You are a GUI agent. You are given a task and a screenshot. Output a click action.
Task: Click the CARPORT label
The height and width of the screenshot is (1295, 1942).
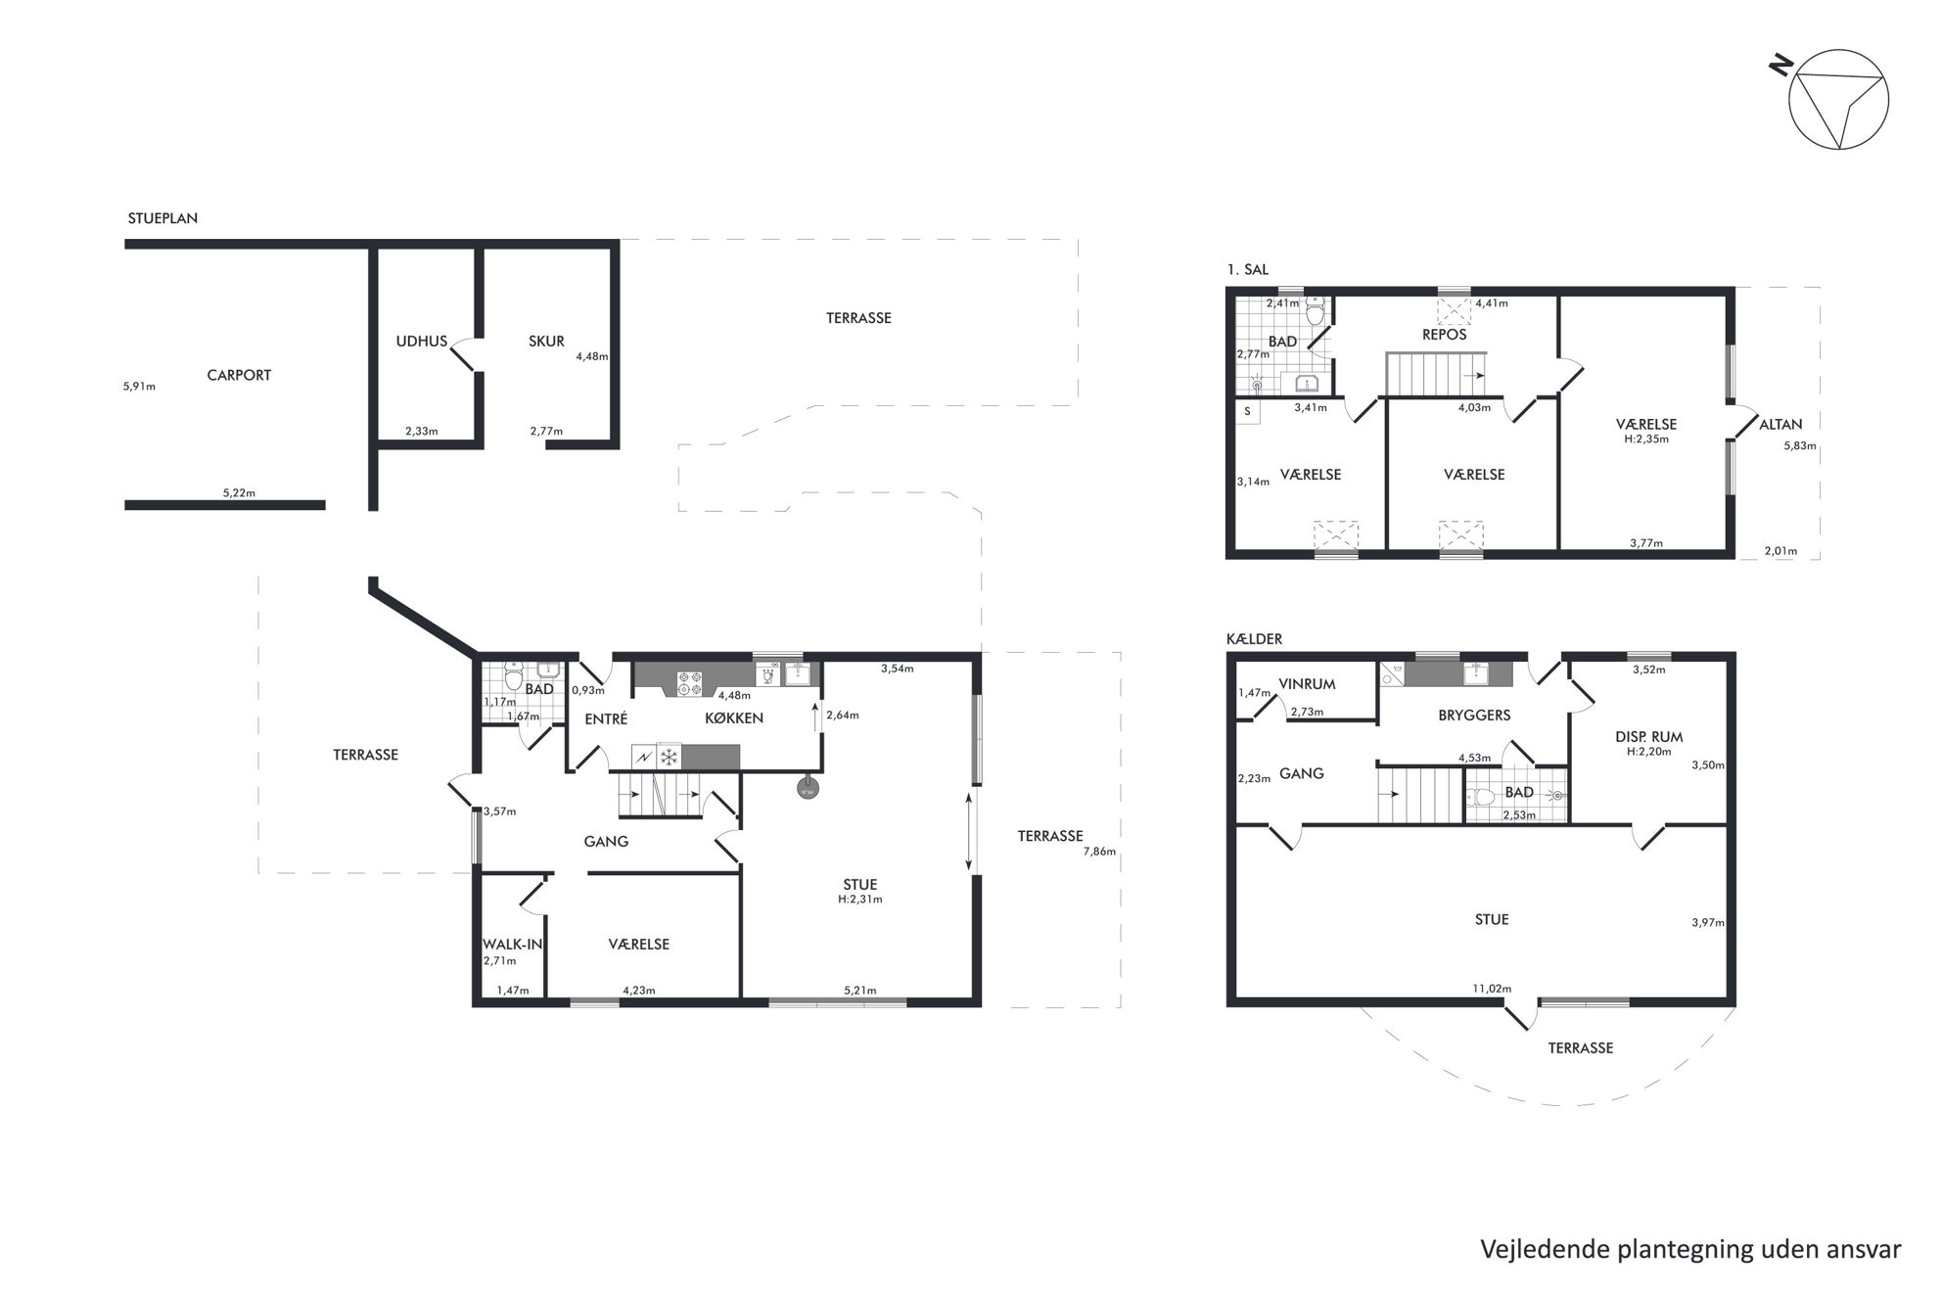tap(239, 375)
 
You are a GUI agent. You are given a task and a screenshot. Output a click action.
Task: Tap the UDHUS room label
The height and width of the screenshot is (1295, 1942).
tap(421, 342)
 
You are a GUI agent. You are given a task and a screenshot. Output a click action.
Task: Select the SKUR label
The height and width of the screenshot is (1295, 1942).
tap(546, 342)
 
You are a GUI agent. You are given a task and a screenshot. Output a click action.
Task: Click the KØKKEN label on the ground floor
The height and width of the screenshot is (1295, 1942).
tap(734, 717)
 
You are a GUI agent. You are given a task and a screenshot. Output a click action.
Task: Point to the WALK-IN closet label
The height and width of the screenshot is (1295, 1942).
tap(512, 945)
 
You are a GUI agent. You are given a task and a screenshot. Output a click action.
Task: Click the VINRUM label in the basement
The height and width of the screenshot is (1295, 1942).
tap(1307, 684)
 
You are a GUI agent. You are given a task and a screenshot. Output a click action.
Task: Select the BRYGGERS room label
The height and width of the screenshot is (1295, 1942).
tap(1474, 715)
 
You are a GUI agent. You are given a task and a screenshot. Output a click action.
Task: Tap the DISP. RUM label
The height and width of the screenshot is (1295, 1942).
tap(1649, 737)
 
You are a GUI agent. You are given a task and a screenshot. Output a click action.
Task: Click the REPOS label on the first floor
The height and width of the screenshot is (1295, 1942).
tap(1445, 335)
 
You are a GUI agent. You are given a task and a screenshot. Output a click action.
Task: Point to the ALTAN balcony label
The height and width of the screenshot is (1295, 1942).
tap(1780, 424)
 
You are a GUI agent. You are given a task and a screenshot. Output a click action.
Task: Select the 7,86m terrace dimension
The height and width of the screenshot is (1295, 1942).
tap(1099, 852)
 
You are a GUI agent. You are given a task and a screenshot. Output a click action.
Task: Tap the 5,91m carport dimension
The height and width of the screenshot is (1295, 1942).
tap(139, 387)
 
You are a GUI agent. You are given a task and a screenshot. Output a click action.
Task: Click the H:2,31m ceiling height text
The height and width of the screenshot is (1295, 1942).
tap(860, 900)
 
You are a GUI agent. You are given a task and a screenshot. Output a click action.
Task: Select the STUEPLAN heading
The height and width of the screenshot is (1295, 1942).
tap(162, 218)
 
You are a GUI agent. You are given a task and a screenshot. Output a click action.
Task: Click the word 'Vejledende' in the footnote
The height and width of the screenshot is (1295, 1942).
tap(1536, 1249)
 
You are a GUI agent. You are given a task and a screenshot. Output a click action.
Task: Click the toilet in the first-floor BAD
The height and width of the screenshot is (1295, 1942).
tap(1315, 313)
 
